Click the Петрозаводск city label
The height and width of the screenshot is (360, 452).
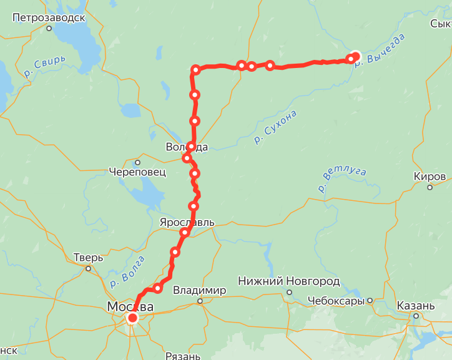pyautogui.click(x=49, y=17)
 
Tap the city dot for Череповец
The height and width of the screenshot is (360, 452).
pyautogui.click(x=137, y=162)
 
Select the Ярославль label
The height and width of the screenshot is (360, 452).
pyautogui.click(x=187, y=222)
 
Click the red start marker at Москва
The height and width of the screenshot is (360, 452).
pyautogui.click(x=132, y=318)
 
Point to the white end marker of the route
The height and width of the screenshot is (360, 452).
pyautogui.click(x=355, y=56)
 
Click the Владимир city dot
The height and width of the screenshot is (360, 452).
pyautogui.click(x=200, y=301)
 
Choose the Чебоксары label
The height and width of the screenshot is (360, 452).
pyautogui.click(x=336, y=301)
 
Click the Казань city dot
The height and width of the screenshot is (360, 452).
pyautogui.click(x=416, y=316)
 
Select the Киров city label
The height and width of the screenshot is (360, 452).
pyautogui.click(x=430, y=177)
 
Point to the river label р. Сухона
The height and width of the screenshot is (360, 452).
pyautogui.click(x=275, y=127)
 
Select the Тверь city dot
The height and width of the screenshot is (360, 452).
pyautogui.click(x=89, y=269)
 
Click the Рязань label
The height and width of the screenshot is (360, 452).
pyautogui.click(x=183, y=356)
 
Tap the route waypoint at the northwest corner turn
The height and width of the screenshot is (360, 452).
pyautogui.click(x=195, y=69)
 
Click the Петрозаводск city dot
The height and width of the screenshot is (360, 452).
pyautogui.click(x=49, y=28)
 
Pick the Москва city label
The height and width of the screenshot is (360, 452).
pyautogui.click(x=130, y=306)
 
